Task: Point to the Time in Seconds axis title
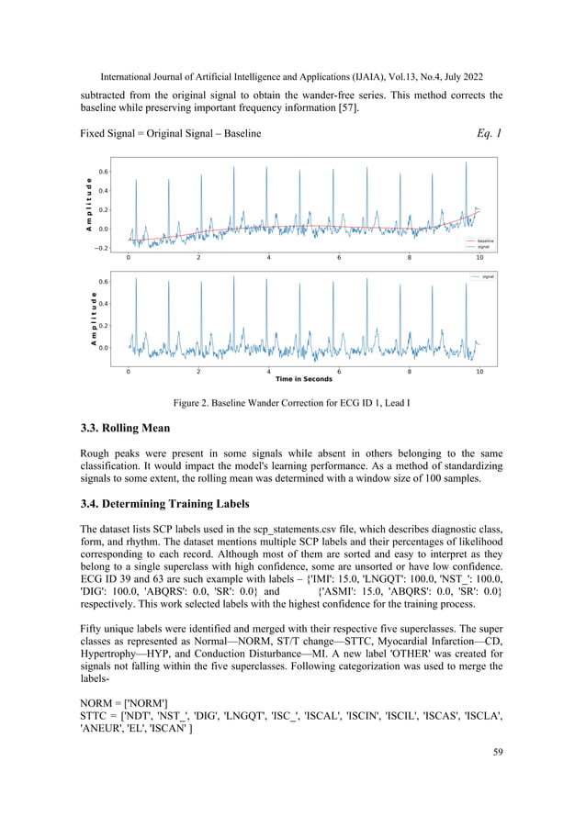pos(304,379)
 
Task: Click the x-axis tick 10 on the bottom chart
pos(479,370)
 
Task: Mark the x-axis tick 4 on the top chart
pos(269,259)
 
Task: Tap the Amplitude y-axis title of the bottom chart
pos(94,315)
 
